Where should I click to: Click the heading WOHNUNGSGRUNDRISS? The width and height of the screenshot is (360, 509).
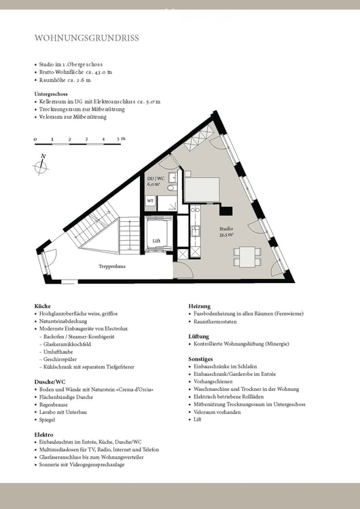click(87, 38)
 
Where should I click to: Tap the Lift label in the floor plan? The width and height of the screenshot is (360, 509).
click(157, 241)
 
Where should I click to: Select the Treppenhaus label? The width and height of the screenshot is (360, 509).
click(112, 267)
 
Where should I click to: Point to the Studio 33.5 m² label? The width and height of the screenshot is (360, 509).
click(226, 232)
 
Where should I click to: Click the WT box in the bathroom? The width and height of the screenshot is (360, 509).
click(150, 201)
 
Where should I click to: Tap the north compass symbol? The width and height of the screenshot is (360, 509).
click(41, 166)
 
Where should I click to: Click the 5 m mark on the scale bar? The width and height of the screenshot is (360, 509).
click(120, 139)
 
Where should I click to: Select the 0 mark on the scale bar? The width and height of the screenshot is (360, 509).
click(35, 140)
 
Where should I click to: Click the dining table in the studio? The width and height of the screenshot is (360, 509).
click(247, 257)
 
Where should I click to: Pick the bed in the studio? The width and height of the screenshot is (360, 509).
click(202, 190)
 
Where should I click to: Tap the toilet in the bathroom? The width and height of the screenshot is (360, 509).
click(172, 188)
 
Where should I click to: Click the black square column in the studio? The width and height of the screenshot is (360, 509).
click(226, 210)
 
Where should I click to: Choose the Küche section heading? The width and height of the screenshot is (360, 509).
click(43, 306)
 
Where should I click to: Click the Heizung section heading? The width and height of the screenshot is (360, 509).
click(200, 306)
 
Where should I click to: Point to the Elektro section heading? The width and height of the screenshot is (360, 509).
click(44, 434)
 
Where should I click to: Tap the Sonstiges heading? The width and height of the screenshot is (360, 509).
click(200, 359)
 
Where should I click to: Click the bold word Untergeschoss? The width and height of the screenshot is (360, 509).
click(51, 94)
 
